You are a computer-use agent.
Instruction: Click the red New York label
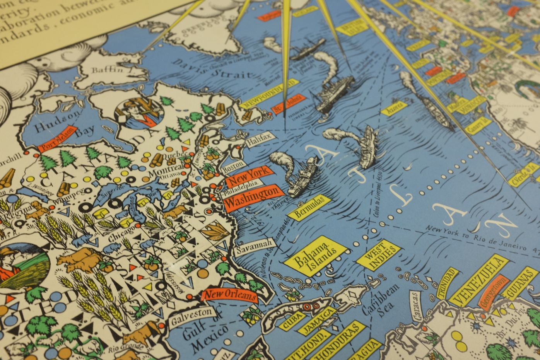[x=249, y=176]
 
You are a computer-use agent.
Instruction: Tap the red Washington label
[x=251, y=196]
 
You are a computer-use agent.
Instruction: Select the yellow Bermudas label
[x=309, y=208]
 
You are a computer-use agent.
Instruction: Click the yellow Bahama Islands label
[x=315, y=256]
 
